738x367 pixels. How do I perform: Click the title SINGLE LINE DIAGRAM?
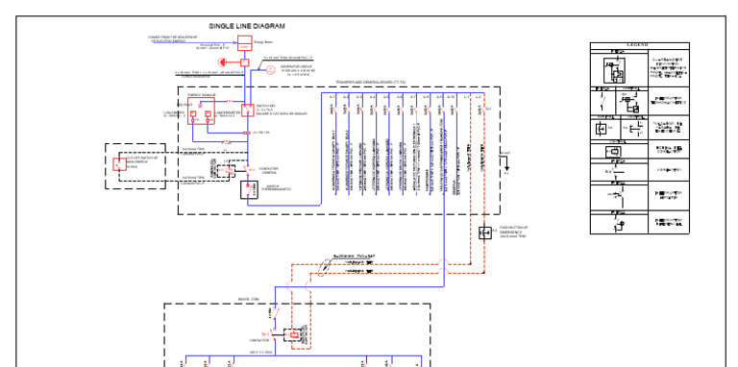click(246, 26)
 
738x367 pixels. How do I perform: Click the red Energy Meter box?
click(244, 43)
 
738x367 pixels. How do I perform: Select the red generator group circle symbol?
click(271, 70)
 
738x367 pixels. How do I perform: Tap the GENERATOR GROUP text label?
click(297, 66)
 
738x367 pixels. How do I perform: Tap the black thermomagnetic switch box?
click(250, 188)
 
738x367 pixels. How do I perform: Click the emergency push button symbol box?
click(484, 232)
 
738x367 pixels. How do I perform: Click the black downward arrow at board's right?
click(504, 162)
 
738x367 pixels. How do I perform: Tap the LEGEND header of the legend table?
click(638, 45)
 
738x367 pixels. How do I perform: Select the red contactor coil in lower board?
click(282, 334)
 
